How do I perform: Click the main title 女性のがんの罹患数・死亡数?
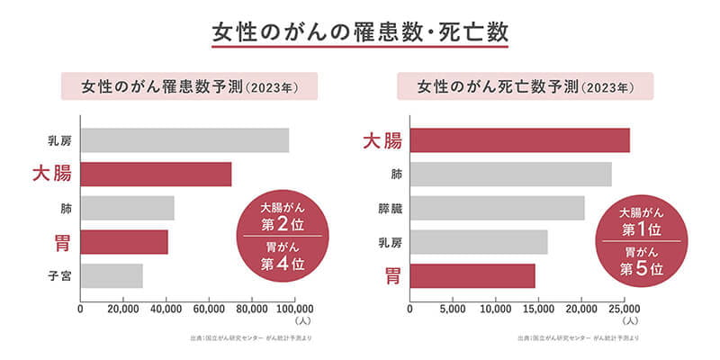(x=360, y=30)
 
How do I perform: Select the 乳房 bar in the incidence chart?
(x=184, y=140)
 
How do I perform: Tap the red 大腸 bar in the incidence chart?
(x=156, y=174)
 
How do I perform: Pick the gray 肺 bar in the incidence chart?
(x=127, y=208)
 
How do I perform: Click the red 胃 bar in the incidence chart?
(x=124, y=242)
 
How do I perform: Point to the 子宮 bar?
(x=112, y=275)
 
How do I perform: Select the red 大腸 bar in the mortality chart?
(x=519, y=140)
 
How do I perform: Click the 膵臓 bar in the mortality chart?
(x=497, y=208)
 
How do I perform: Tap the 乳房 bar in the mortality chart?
(x=478, y=242)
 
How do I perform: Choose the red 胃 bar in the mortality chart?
(x=472, y=275)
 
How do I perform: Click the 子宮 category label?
(x=60, y=275)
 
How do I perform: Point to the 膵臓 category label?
(x=390, y=208)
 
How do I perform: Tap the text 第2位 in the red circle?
(x=283, y=225)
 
